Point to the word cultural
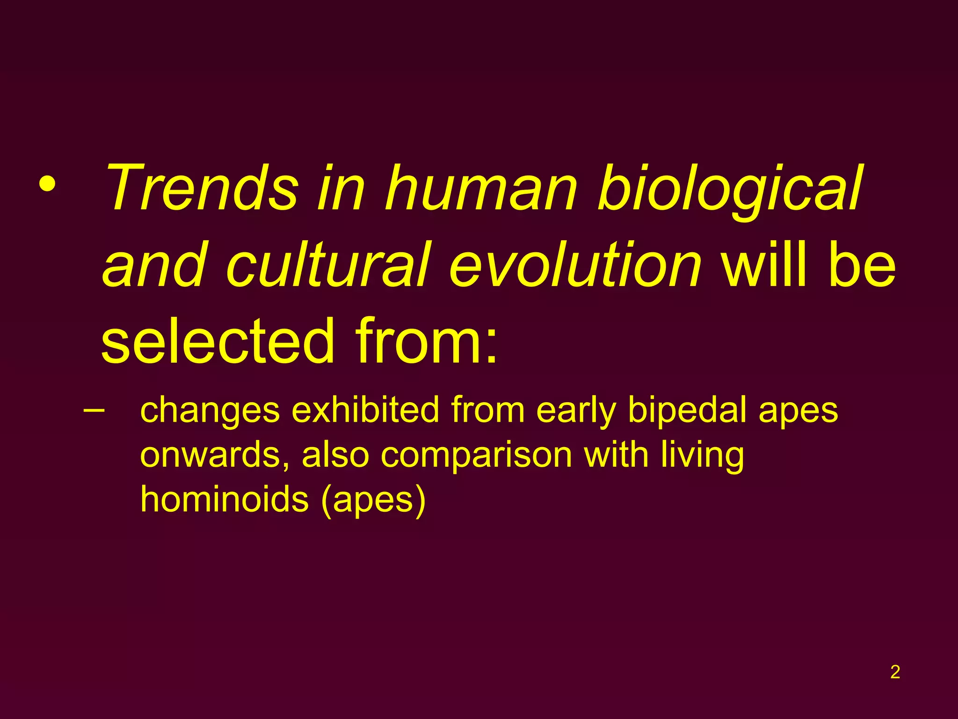[x=327, y=265]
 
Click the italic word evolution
[x=575, y=265]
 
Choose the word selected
[x=218, y=341]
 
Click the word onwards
[x=215, y=455]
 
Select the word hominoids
[x=225, y=499]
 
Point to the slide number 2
[x=895, y=672]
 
